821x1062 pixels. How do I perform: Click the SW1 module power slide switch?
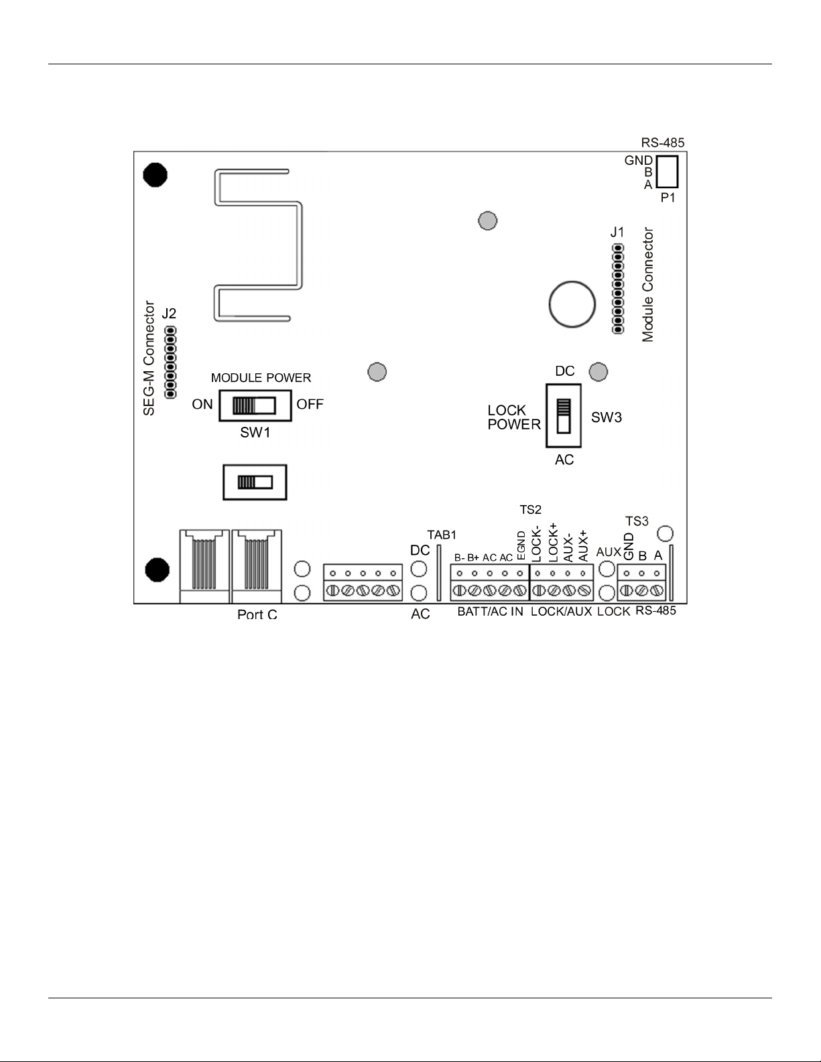(x=255, y=405)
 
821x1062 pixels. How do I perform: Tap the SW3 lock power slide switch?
(x=564, y=415)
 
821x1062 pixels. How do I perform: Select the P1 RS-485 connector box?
(x=667, y=171)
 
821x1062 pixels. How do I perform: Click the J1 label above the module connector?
(x=617, y=233)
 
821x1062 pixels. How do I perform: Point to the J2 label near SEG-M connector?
(x=169, y=313)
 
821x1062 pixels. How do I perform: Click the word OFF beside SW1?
(x=310, y=405)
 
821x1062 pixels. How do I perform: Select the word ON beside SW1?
(x=202, y=405)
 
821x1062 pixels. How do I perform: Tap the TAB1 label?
(x=442, y=535)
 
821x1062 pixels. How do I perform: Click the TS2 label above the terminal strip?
(x=530, y=510)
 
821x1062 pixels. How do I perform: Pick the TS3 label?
(x=637, y=521)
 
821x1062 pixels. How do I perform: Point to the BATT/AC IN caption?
(x=490, y=612)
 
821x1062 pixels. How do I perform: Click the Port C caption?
(x=257, y=614)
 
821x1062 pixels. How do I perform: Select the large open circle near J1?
(x=572, y=304)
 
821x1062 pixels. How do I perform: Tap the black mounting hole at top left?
(x=155, y=175)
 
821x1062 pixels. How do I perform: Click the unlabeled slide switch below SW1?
(x=255, y=482)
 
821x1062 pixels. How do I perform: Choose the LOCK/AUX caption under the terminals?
(x=561, y=612)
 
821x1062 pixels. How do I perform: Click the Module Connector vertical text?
(x=648, y=285)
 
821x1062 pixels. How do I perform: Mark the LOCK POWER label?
(x=513, y=417)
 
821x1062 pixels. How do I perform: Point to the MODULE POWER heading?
(x=261, y=378)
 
